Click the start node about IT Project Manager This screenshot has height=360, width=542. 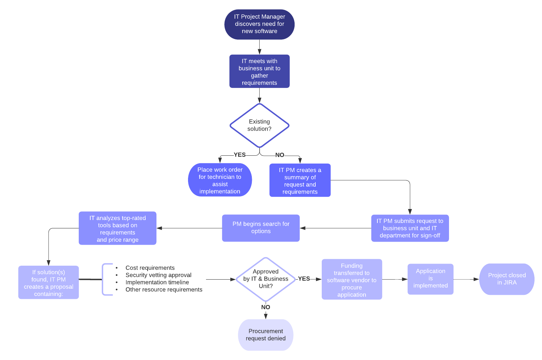point(259,24)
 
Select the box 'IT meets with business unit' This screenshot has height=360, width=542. point(259,71)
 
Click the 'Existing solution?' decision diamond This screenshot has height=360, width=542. point(259,125)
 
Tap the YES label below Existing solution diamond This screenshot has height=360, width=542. point(240,155)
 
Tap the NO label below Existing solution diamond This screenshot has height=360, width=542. point(280,155)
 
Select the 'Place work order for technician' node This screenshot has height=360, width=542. point(220,180)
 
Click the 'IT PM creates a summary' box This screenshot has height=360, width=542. point(300,181)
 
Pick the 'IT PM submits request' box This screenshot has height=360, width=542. point(410,228)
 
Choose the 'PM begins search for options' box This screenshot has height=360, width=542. point(261,228)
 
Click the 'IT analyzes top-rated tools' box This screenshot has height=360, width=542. point(117,228)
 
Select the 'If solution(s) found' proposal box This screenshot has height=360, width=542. point(49,282)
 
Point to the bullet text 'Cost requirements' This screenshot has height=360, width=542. point(150,268)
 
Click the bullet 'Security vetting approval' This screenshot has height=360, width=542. point(158,275)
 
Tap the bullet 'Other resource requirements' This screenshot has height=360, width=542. point(164,289)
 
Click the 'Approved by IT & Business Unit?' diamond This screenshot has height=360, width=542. point(265,279)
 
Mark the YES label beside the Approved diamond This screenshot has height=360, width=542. point(304,279)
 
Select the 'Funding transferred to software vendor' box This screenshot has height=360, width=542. point(352,280)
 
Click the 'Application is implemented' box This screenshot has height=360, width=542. point(430,279)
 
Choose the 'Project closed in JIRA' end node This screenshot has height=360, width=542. point(506,279)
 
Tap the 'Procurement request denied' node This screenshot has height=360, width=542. point(265,335)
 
